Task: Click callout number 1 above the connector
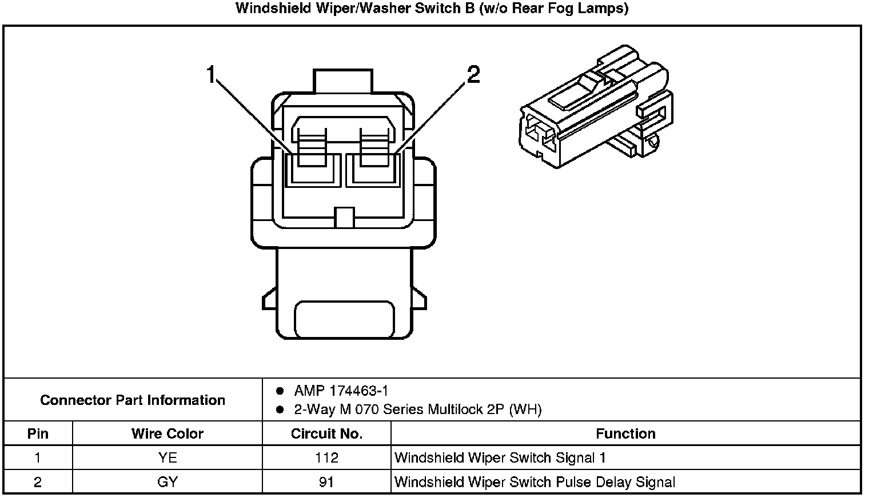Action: coord(211,75)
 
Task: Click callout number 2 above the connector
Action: coord(473,75)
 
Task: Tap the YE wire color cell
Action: coord(167,457)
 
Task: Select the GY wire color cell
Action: coord(167,482)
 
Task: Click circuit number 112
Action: coord(326,457)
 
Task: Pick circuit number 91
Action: coord(326,482)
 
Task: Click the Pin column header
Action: coord(38,433)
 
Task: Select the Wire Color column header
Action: coord(167,433)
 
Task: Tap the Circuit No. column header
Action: coord(326,433)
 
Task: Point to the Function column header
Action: coord(625,433)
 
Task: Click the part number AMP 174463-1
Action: coord(341,391)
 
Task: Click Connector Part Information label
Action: coord(133,400)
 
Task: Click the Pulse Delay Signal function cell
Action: coord(535,482)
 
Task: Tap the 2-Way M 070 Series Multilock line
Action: coord(417,409)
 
